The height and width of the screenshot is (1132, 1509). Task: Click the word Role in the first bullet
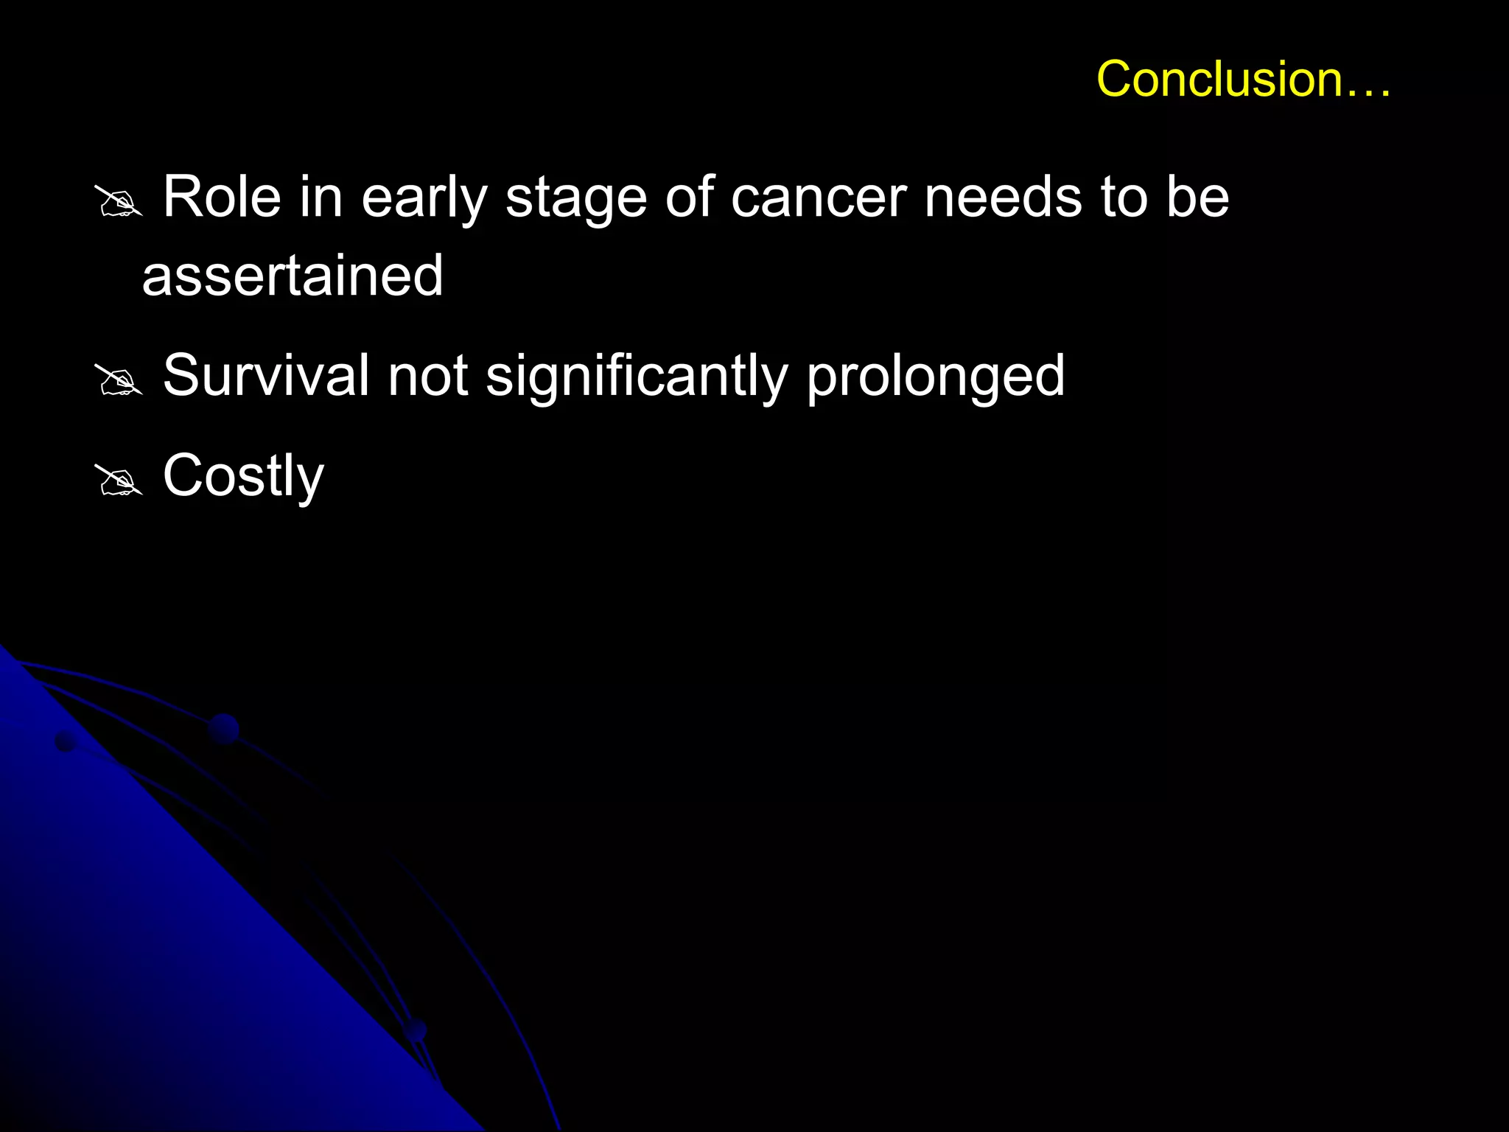click(222, 198)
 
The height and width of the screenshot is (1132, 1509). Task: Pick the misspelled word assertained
click(293, 276)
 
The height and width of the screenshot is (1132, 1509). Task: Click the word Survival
click(265, 376)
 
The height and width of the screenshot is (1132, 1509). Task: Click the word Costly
click(243, 477)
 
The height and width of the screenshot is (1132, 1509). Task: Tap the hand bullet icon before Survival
click(119, 380)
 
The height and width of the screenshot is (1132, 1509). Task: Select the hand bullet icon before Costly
click(119, 480)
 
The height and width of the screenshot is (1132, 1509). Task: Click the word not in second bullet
click(427, 376)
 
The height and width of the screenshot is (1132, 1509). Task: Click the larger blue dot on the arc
click(223, 729)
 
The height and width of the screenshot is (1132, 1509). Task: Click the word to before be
click(1124, 198)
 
